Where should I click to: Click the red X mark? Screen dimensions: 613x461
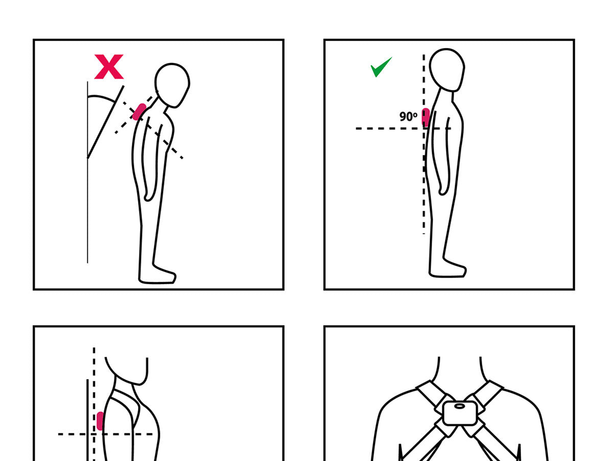pyautogui.click(x=109, y=67)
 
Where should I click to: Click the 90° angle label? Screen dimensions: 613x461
pyautogui.click(x=408, y=117)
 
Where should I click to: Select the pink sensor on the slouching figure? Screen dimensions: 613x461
pyautogui.click(x=139, y=112)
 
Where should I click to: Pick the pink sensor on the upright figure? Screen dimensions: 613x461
pyautogui.click(x=426, y=117)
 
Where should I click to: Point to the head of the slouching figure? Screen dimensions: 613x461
pyautogui.click(x=172, y=85)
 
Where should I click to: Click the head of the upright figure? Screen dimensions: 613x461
pyautogui.click(x=447, y=70)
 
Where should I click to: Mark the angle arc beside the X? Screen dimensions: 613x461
pyautogui.click(x=102, y=97)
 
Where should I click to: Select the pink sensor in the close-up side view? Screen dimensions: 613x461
pyautogui.click(x=100, y=421)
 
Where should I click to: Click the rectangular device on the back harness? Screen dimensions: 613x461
pyautogui.click(x=459, y=413)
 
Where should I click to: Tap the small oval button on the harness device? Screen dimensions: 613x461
pyautogui.click(x=459, y=406)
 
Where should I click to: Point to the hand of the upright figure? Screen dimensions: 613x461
pyautogui.click(x=443, y=189)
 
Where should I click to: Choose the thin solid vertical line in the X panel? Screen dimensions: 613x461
pyautogui.click(x=87, y=172)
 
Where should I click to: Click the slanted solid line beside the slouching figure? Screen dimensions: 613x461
pyautogui.click(x=106, y=122)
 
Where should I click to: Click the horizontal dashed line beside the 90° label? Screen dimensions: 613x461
pyautogui.click(x=403, y=128)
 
